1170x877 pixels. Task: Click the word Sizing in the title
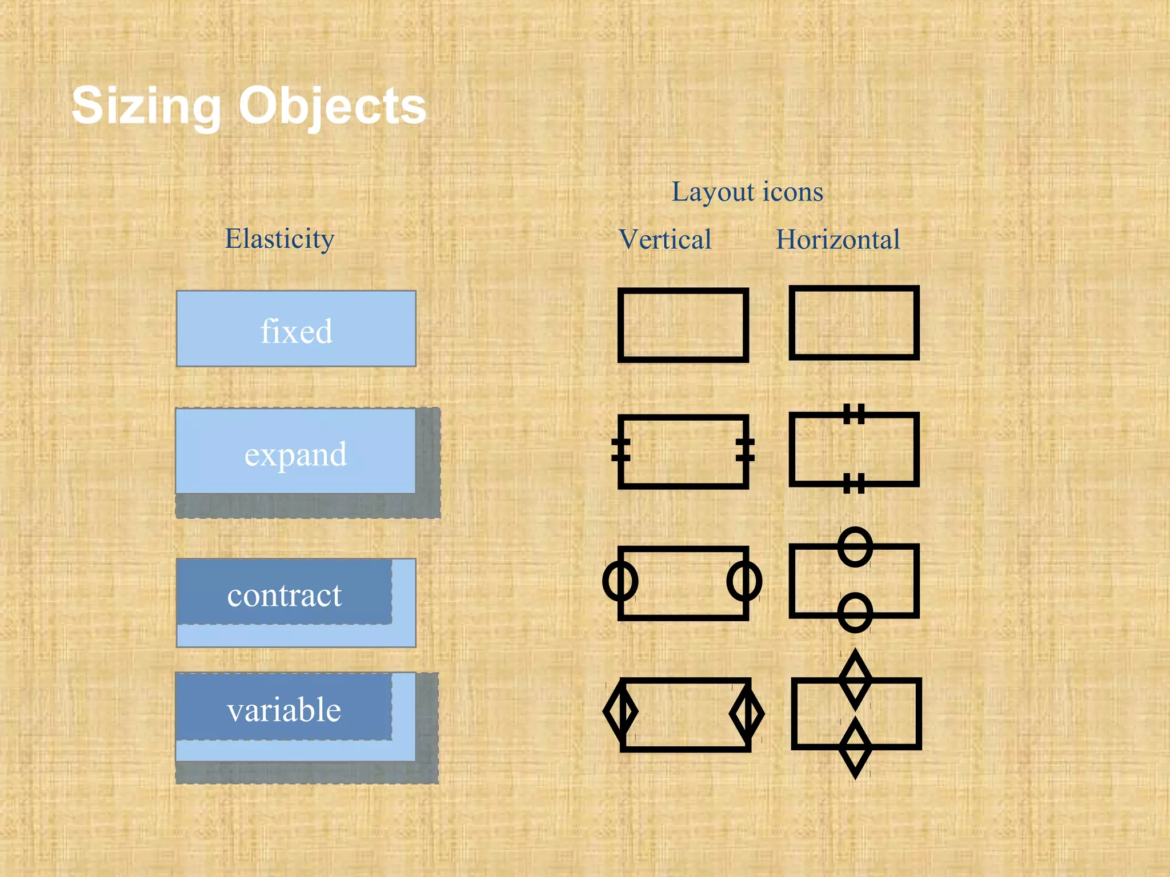tap(146, 106)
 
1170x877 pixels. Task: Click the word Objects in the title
tap(332, 106)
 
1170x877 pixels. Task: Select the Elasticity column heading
tap(279, 239)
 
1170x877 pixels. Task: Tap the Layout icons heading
tap(747, 192)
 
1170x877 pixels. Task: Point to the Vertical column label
tap(665, 239)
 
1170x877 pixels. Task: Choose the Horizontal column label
tap(838, 239)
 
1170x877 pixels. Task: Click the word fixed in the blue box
tap(296, 331)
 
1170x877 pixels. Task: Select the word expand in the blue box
tap(295, 454)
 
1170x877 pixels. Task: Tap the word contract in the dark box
tap(284, 596)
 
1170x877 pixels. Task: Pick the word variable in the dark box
tap(284, 710)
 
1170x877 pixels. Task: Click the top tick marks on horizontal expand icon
tap(854, 413)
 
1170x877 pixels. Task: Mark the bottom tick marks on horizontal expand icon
tap(854, 483)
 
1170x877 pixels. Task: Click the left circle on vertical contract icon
tap(620, 581)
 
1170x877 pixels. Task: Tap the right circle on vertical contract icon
tap(744, 581)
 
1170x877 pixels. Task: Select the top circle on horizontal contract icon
tap(855, 546)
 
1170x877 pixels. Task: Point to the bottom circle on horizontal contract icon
tap(855, 613)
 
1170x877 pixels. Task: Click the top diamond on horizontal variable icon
tap(855, 678)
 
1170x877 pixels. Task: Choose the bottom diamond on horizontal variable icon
tap(855, 747)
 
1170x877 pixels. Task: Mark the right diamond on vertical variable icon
tap(747, 714)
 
